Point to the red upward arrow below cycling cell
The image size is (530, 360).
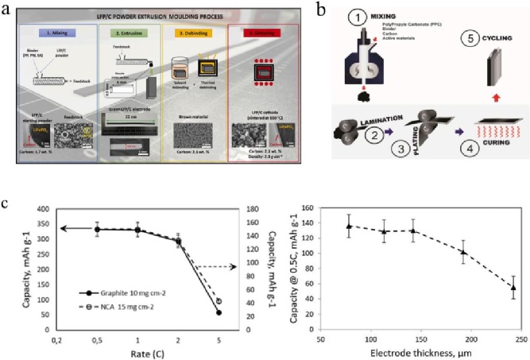pos(498,97)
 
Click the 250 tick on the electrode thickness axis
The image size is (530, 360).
pos(513,336)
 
